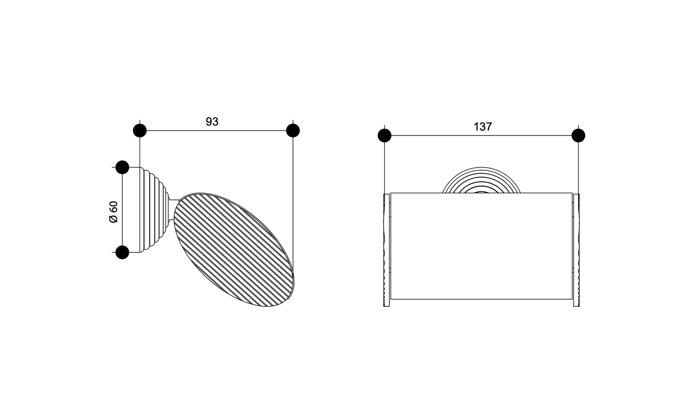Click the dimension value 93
[212, 122]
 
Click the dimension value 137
[483, 127]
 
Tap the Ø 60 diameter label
[114, 212]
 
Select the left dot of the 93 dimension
[140, 131]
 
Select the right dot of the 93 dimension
[293, 131]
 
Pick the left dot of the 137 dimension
[384, 135]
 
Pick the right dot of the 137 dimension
[578, 135]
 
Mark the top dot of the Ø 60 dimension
[123, 167]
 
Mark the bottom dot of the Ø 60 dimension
[123, 252]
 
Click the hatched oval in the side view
[233, 250]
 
